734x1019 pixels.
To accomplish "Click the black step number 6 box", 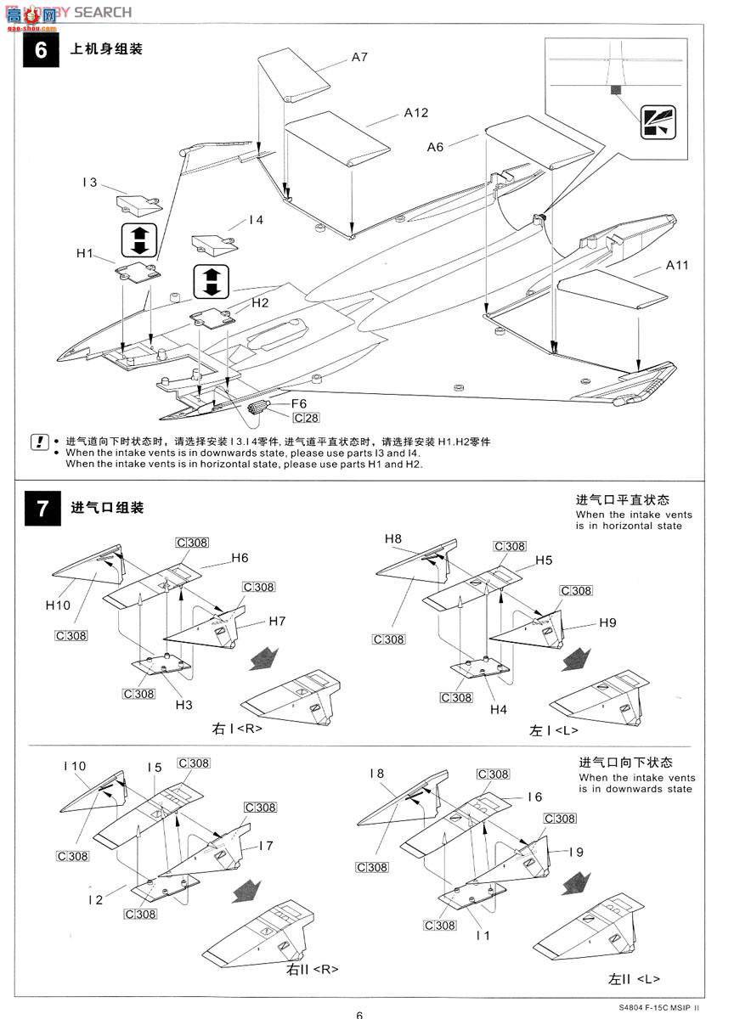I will pyautogui.click(x=41, y=49).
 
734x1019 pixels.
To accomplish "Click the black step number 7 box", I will pyautogui.click(x=41, y=508).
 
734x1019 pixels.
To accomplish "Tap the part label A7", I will pyautogui.click(x=359, y=57).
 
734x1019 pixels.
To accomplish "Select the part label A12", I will pyautogui.click(x=416, y=112).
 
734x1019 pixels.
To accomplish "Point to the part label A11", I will pyautogui.click(x=677, y=265).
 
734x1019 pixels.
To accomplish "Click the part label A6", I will pyautogui.click(x=435, y=147).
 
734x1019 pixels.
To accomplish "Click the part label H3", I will pyautogui.click(x=184, y=704).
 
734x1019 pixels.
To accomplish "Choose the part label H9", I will pyautogui.click(x=607, y=622).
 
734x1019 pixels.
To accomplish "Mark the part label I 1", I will pyautogui.click(x=483, y=935).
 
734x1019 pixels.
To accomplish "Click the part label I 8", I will pyautogui.click(x=377, y=773).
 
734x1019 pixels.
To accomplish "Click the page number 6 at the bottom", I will pyautogui.click(x=359, y=1014).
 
